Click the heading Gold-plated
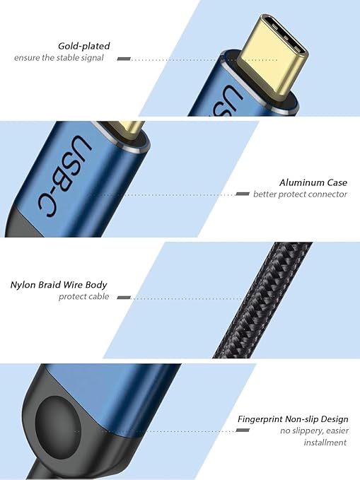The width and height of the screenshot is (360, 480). click(x=84, y=46)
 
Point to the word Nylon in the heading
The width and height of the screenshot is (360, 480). click(x=23, y=285)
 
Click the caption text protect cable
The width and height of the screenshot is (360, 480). click(x=83, y=297)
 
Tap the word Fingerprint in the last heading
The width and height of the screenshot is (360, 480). click(x=260, y=419)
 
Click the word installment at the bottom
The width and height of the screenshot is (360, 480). click(x=325, y=443)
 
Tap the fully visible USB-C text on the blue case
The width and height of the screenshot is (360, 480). click(x=65, y=175)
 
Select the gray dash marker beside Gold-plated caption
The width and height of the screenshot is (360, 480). click(x=124, y=59)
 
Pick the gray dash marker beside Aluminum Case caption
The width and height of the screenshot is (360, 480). click(x=243, y=194)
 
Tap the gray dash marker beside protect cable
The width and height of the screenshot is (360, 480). click(x=124, y=297)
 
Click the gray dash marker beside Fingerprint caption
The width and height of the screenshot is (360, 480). click(x=243, y=430)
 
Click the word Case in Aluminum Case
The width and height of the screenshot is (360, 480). click(x=337, y=182)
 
